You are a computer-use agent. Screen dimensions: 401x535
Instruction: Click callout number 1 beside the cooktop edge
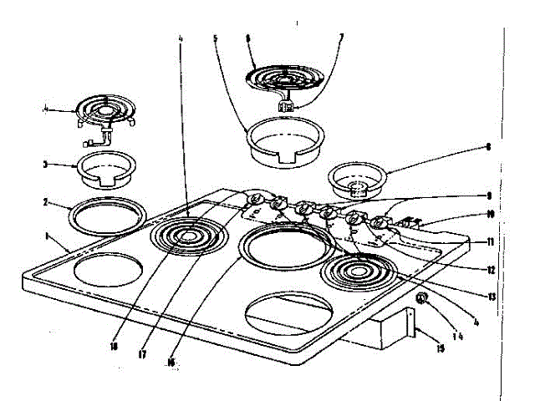point(48,236)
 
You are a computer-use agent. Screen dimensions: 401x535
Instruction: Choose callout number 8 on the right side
point(487,148)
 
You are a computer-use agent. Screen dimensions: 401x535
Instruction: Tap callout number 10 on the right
point(490,214)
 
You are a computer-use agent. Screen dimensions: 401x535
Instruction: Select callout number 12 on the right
point(492,269)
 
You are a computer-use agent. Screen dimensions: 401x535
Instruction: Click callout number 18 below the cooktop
point(115,343)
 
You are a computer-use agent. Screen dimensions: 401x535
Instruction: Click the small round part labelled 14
point(423,298)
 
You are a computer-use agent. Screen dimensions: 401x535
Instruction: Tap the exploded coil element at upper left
point(104,113)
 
